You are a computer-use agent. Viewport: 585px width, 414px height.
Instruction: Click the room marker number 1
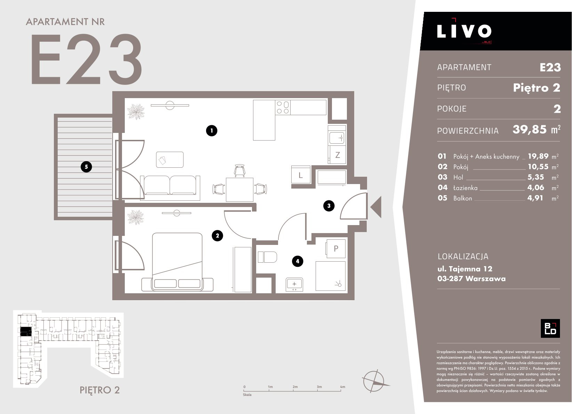[x=212, y=131]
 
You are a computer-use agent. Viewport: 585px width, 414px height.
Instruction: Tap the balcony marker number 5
[x=86, y=167]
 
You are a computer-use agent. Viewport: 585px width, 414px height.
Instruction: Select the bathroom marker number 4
[x=298, y=261]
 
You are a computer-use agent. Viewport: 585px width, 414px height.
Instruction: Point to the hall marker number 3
[x=329, y=206]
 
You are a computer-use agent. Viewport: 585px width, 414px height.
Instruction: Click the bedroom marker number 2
[x=217, y=236]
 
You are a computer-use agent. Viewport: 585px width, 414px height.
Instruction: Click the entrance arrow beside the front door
[x=376, y=207]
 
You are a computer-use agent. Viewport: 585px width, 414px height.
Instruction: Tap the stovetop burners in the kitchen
[x=283, y=108]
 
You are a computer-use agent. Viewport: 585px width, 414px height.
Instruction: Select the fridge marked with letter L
[x=301, y=174]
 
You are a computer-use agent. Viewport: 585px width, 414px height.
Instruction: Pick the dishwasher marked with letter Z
[x=337, y=154]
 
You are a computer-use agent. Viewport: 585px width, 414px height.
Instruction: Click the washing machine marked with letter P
[x=335, y=248]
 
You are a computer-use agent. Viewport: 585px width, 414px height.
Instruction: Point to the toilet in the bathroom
[x=267, y=257]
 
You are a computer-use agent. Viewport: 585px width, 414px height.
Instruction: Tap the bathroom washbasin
[x=294, y=284]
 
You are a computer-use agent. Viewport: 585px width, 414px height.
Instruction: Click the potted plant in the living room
[x=136, y=112]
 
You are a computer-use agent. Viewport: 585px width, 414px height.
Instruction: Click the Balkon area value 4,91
[x=535, y=198]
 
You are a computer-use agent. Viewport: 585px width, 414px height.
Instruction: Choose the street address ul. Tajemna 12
[x=465, y=269]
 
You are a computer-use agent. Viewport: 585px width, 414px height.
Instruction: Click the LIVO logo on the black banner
[x=464, y=31]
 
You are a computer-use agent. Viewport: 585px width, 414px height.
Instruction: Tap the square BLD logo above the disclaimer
[x=550, y=328]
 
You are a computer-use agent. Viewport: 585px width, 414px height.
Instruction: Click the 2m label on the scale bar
[x=295, y=387]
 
